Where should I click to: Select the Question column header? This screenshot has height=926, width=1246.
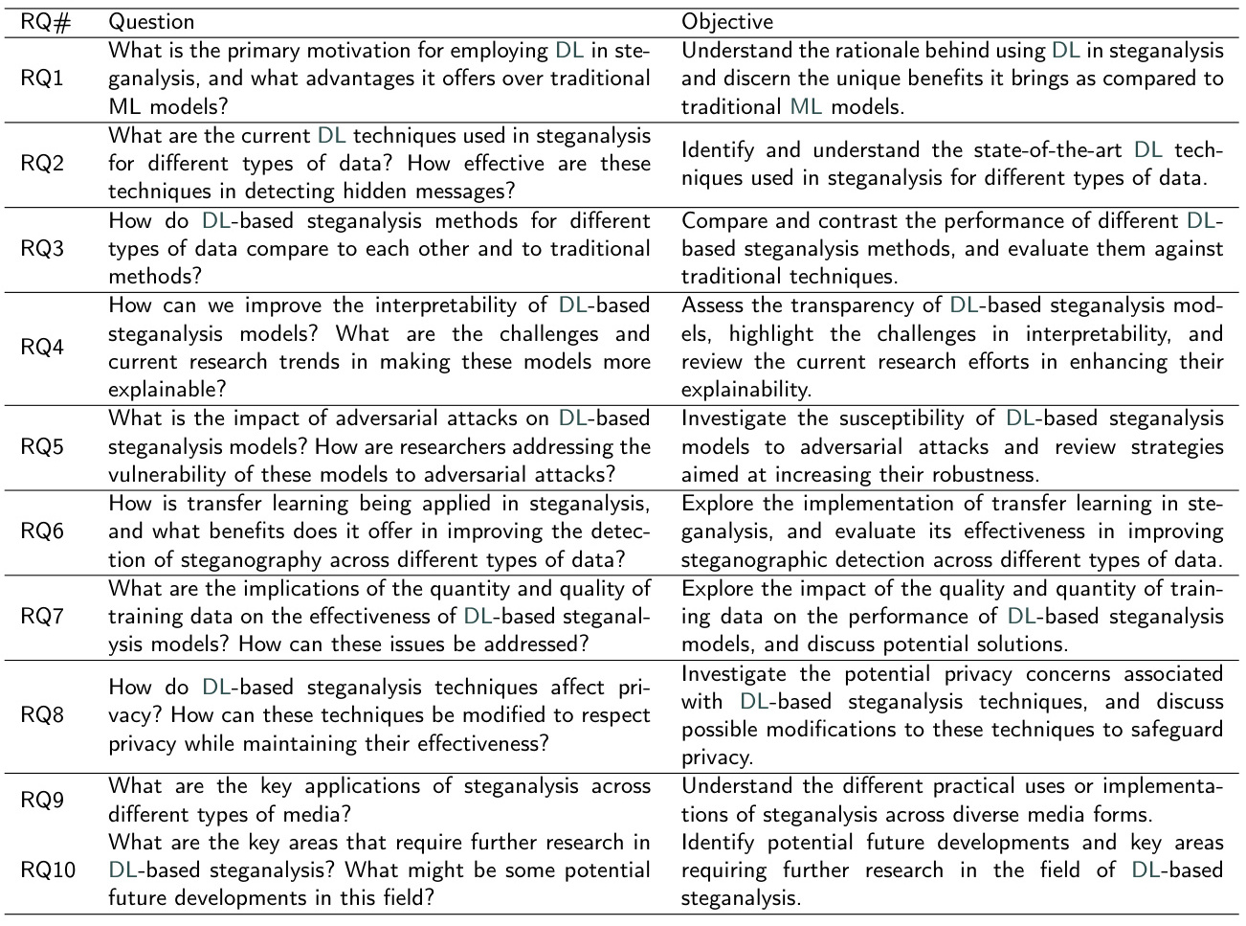coord(151,21)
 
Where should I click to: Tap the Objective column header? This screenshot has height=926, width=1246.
coord(727,21)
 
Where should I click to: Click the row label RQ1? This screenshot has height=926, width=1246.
coord(42,78)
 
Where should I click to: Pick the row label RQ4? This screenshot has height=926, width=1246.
coord(42,347)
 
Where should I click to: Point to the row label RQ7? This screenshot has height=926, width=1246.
coord(42,615)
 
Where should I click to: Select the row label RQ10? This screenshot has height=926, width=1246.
coord(47,870)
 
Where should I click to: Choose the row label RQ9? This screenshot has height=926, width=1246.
coord(42,800)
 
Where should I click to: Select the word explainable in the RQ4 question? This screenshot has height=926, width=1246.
coord(163,390)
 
